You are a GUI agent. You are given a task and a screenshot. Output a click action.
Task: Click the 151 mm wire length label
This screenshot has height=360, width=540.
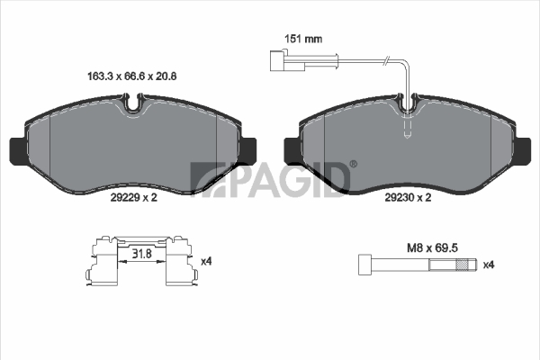pyautogui.click(x=303, y=39)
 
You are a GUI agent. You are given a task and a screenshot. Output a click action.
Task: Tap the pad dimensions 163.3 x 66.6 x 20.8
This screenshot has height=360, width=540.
pyautogui.click(x=132, y=76)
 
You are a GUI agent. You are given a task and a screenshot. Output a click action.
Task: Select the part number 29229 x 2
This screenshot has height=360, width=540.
pyautogui.click(x=133, y=197)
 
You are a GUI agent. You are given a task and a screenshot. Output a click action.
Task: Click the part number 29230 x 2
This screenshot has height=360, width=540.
pyautogui.click(x=408, y=197)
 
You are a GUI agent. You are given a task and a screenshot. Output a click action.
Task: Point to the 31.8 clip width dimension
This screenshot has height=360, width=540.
pyautogui.click(x=142, y=254)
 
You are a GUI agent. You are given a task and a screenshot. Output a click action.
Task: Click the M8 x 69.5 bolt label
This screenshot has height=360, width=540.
pyautogui.click(x=432, y=247)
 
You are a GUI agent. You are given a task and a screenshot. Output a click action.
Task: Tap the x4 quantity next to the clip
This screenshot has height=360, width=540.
pyautogui.click(x=206, y=262)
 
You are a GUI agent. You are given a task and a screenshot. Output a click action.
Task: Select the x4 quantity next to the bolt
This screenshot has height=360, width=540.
pyautogui.click(x=489, y=265)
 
